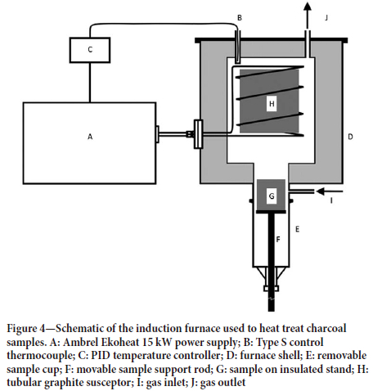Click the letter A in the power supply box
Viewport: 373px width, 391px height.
90,137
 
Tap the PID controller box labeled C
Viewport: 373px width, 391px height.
90,50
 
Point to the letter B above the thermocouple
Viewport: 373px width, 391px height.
240,18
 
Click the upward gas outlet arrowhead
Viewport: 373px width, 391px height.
308,7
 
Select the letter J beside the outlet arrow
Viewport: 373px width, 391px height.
326,18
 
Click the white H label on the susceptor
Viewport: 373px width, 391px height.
272,104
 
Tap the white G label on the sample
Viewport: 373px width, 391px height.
272,195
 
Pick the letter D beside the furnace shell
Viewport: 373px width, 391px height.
350,137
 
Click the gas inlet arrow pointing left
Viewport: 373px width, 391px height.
330,191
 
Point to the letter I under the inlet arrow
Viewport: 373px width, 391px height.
331,200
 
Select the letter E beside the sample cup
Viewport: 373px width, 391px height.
297,229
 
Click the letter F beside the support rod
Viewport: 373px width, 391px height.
278,240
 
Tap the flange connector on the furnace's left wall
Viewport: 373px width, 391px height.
198,134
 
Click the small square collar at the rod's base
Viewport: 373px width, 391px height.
271,288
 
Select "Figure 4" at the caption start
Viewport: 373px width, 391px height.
25,329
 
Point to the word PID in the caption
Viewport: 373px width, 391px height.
99,356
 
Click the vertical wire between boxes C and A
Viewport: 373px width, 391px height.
90,83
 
